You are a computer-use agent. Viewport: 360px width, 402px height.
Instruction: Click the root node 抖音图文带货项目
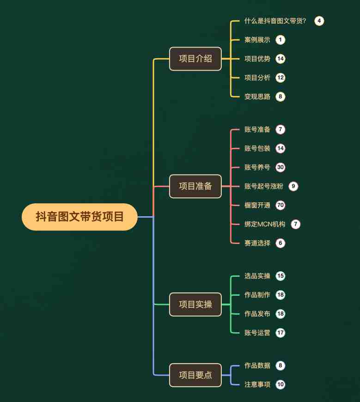79,217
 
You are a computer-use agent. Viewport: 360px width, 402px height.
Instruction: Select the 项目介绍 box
195,59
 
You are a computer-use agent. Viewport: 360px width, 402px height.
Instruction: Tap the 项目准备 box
195,186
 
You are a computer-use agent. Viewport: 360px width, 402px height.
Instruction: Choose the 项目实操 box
195,305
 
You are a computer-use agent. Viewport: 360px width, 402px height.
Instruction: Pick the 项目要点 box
195,375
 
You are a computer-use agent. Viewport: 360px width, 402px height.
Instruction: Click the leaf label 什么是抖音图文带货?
275,21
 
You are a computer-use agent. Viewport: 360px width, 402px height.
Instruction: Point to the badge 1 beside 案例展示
281,40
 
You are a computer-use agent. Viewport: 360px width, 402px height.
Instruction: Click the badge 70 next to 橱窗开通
281,205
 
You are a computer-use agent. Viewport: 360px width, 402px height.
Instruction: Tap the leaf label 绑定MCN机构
265,224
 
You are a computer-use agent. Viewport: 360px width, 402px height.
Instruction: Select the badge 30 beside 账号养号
281,167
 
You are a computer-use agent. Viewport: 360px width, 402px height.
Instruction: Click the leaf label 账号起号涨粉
264,186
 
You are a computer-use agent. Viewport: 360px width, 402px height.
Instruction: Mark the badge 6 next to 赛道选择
281,243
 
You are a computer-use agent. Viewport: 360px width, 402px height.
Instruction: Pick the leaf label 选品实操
257,276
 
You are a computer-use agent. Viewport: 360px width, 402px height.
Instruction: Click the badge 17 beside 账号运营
281,333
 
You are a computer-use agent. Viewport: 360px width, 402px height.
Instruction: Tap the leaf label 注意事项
257,384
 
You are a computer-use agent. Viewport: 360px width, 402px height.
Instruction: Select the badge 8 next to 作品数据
281,365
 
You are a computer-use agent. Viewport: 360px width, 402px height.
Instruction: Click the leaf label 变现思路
257,97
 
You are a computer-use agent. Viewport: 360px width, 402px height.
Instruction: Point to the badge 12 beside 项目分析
281,78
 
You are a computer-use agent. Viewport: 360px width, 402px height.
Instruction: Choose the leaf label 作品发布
257,314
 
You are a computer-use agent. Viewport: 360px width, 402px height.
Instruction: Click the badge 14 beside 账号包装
281,148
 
